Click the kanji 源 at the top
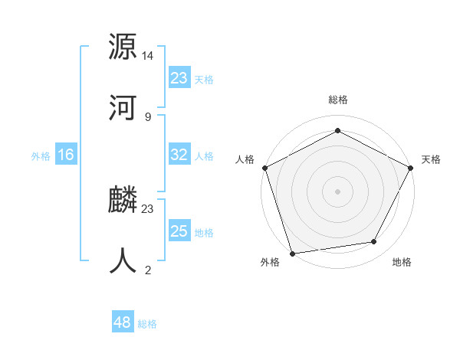click(x=123, y=47)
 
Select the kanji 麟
click(x=123, y=201)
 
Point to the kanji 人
click(x=123, y=260)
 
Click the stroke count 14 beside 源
click(x=148, y=56)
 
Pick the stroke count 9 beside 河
click(x=148, y=116)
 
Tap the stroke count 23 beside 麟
click(x=148, y=209)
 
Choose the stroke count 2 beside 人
click(x=148, y=270)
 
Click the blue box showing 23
click(x=179, y=78)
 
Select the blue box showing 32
click(x=179, y=155)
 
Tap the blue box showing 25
click(x=179, y=231)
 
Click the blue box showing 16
click(x=66, y=155)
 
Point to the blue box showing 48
click(x=123, y=322)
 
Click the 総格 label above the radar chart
click(x=337, y=100)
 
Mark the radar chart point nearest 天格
click(x=412, y=167)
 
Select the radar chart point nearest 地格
click(x=374, y=242)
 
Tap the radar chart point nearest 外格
click(x=292, y=253)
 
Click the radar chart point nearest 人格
click(x=264, y=167)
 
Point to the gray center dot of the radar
click(x=337, y=191)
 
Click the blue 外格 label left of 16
click(x=41, y=155)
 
